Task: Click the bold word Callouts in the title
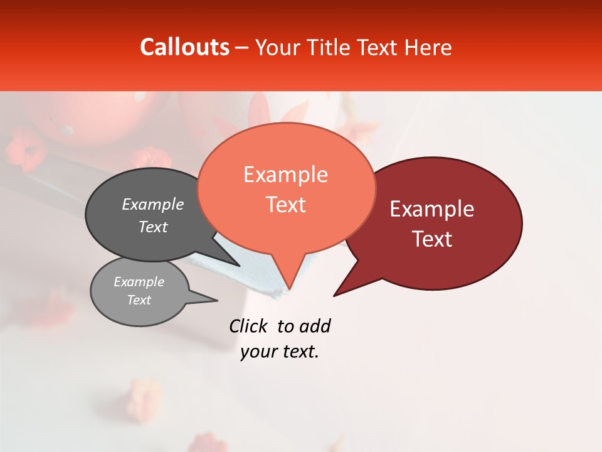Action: [184, 47]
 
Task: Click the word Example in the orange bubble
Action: [285, 175]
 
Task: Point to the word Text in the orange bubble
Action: [285, 205]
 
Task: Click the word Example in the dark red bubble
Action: [432, 209]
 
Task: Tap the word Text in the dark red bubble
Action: [432, 239]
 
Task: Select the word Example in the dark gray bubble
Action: [153, 205]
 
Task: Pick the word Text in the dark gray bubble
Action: [153, 227]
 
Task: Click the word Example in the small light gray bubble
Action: [139, 282]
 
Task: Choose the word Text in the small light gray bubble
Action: [139, 300]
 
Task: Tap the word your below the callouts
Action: [258, 352]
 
